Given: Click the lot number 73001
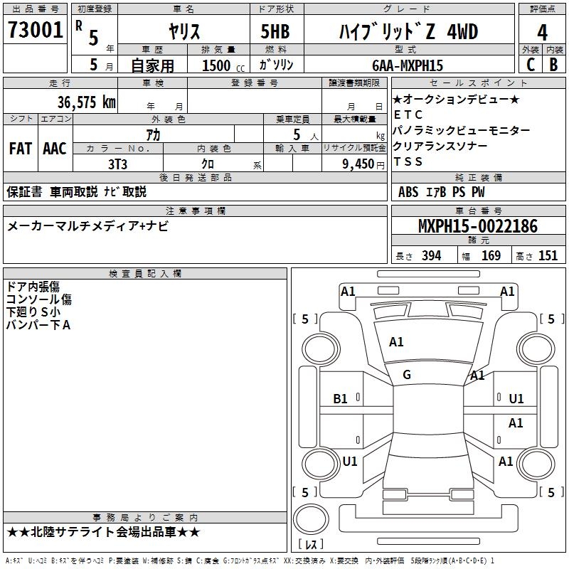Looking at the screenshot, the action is point(35,30).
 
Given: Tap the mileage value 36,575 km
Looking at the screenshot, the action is point(87,102).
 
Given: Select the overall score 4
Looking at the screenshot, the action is point(542,32).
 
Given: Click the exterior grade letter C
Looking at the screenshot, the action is point(531,65).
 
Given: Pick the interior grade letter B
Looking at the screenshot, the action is point(553,65).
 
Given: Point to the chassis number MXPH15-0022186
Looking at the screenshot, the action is point(478,226).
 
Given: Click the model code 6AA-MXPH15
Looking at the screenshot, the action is point(408,65).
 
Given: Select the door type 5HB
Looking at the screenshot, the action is point(275,31).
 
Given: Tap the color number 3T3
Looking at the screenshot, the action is point(117,164).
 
